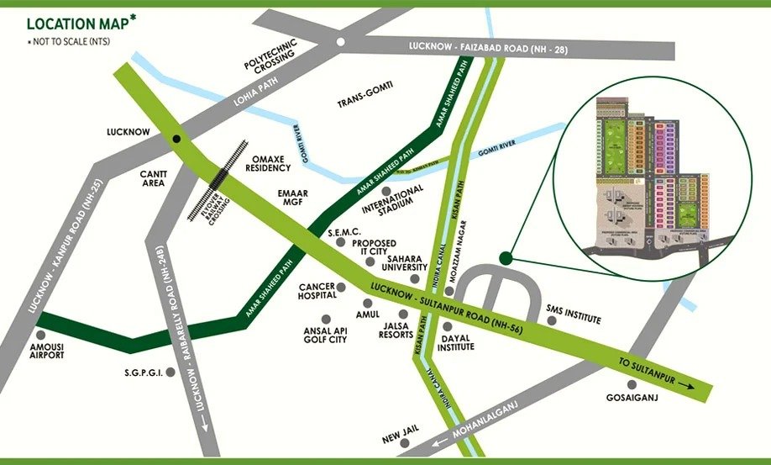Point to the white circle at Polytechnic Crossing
tap(340, 41)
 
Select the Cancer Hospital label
tap(317, 290)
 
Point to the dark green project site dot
tap(505, 258)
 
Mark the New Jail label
tap(399, 439)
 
